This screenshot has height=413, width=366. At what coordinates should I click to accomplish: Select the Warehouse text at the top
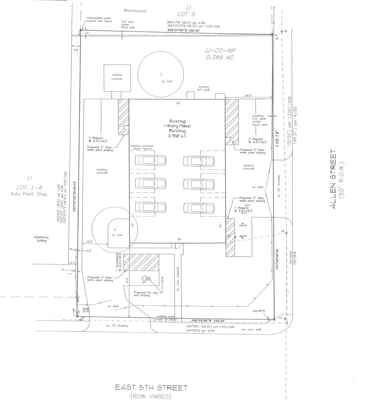[x=135, y=11]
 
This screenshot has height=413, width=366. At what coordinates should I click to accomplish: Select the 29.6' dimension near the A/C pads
[x=248, y=95]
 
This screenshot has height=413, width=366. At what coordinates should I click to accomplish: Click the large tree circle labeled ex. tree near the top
[x=161, y=74]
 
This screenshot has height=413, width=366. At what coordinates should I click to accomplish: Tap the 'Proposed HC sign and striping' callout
[x=145, y=294]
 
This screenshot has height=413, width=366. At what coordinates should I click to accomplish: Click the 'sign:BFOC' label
[x=259, y=311]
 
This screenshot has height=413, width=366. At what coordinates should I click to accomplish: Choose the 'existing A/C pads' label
[x=204, y=88]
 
